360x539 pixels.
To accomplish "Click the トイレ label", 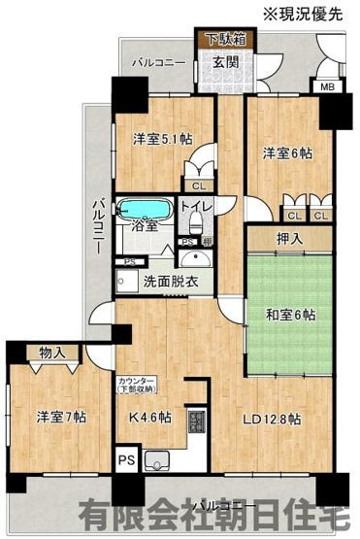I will tap(195, 207).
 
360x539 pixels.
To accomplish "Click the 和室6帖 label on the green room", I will tap(289, 315).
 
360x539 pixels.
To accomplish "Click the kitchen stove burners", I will tap(197, 423).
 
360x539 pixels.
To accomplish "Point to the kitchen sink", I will tap(158, 457).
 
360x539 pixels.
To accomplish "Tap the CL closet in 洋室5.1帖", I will tap(198, 185).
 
